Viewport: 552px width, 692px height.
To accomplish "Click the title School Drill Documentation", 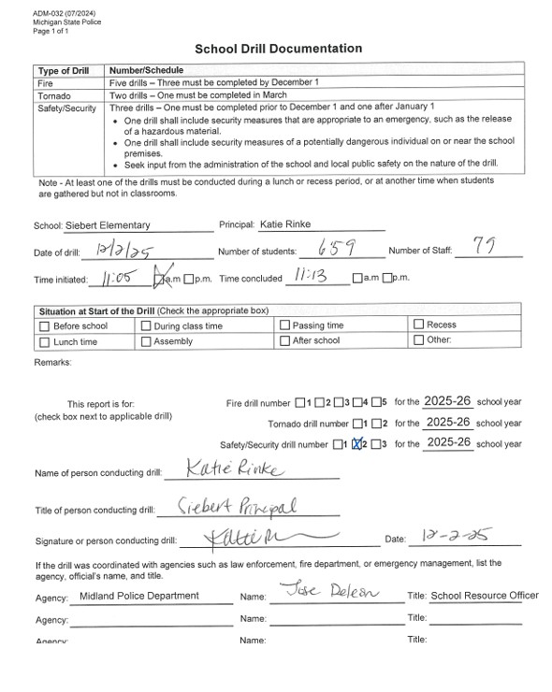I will [278, 49].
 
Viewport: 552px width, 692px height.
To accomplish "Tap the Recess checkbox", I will [418, 325].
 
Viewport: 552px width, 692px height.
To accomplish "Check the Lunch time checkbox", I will [44, 342].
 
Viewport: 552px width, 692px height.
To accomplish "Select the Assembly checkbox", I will [145, 342].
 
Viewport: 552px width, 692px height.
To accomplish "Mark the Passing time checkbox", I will [284, 325].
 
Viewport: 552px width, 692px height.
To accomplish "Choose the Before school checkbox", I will [44, 325].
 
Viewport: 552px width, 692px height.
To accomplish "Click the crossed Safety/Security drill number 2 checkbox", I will [356, 444].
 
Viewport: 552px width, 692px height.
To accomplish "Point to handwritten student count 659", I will [333, 249].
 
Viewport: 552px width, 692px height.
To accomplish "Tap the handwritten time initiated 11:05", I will [117, 278].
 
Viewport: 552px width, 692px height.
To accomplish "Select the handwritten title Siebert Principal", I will [238, 506].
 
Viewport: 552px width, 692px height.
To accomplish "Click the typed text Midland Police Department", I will [139, 596].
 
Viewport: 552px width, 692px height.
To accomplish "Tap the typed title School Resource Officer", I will [484, 596].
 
